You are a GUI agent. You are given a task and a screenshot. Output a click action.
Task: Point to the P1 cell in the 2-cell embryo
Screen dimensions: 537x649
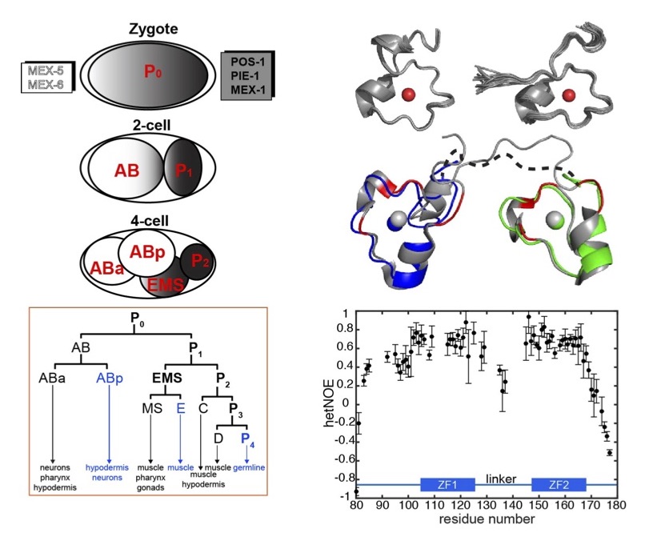[184, 170]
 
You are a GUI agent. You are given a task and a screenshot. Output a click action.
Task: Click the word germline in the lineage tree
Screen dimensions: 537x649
[250, 464]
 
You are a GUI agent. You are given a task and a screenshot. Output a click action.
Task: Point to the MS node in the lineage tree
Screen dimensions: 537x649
[150, 407]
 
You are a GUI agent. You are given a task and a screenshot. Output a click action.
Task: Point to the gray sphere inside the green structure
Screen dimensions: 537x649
[553, 218]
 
